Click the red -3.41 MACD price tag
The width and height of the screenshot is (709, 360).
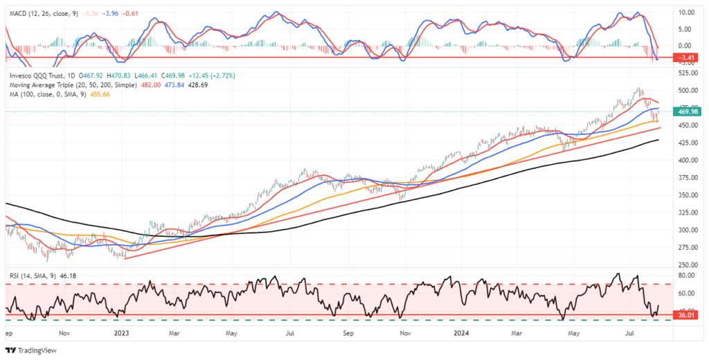coord(685,57)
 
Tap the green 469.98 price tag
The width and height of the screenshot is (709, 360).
coord(685,111)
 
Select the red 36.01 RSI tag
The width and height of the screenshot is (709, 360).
coord(685,316)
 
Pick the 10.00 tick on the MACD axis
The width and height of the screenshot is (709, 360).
coord(685,12)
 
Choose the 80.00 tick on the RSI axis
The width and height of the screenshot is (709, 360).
coord(685,275)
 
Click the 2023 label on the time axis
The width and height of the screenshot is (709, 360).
coord(123,332)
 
